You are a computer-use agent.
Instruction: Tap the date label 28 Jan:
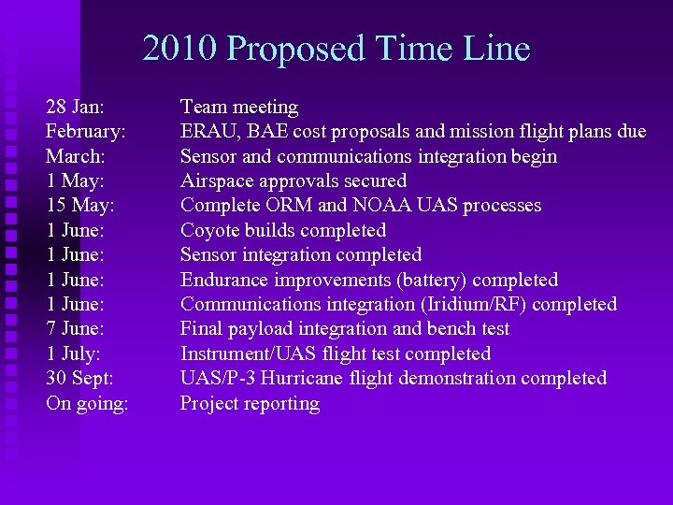(75, 108)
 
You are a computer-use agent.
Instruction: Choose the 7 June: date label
(75, 329)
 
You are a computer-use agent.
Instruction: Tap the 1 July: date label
(73, 353)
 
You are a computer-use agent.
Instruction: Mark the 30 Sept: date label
(81, 378)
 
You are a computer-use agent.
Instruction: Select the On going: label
(87, 403)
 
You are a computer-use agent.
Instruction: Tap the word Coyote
(210, 230)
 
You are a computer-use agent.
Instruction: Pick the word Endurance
(223, 280)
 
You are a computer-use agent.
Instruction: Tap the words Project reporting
(250, 403)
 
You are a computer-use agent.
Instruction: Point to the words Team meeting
(238, 108)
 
